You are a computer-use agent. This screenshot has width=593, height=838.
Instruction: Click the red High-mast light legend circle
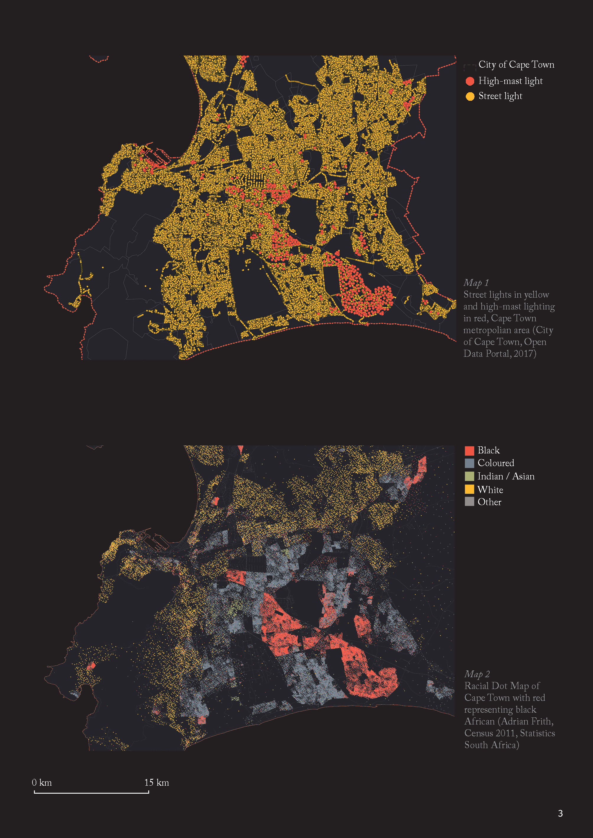tap(470, 81)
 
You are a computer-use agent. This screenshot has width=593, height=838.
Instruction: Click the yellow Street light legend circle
tap(470, 96)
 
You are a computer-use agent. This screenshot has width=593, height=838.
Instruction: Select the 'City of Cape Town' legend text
tap(516, 65)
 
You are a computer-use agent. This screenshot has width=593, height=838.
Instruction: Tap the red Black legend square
tap(469, 450)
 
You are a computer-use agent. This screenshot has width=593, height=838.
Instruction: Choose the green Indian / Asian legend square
tap(469, 476)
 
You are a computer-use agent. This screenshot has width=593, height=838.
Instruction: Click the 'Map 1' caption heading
tap(476, 283)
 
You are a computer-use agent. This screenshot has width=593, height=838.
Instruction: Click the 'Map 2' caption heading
tap(477, 674)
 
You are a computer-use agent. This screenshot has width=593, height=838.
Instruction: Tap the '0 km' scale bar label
tap(42, 783)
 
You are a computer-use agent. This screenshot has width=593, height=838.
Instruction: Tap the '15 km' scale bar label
tap(157, 783)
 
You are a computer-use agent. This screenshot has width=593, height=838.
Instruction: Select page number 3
tap(560, 813)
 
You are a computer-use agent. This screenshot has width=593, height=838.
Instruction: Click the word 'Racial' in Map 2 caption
tap(476, 686)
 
